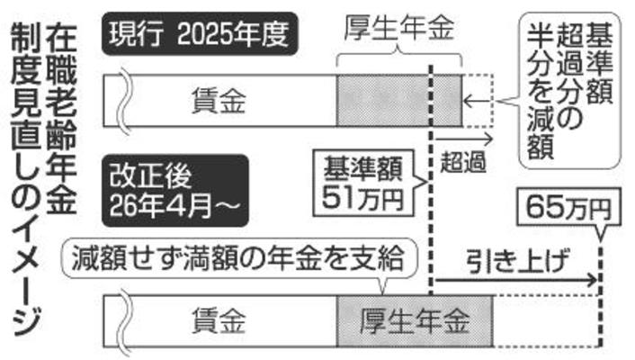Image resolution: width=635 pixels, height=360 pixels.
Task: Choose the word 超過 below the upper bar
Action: [x=464, y=165]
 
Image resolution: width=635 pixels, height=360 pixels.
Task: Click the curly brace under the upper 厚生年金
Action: [x=399, y=56]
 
